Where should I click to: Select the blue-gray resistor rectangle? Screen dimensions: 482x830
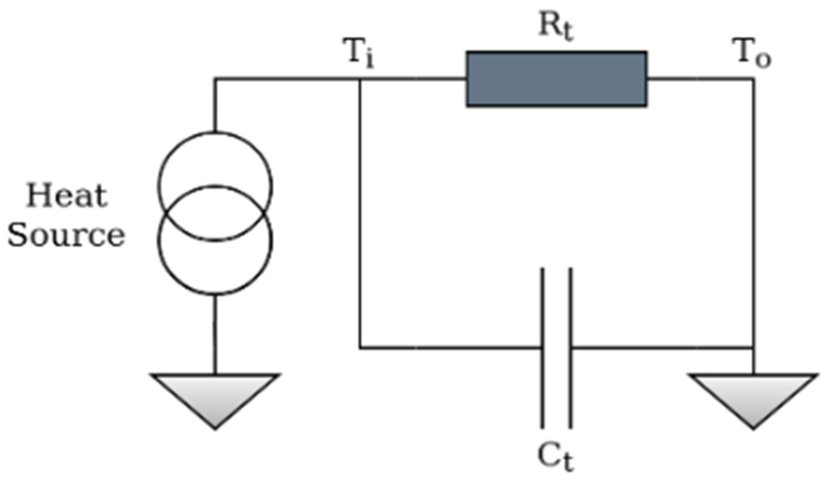click(x=556, y=79)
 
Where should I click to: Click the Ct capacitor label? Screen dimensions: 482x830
click(x=555, y=458)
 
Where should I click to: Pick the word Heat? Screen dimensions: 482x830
click(x=67, y=196)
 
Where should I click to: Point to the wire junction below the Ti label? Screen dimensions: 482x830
click(x=360, y=79)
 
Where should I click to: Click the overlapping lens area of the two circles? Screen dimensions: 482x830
click(x=215, y=212)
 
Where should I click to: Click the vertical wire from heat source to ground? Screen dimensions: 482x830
click(x=215, y=333)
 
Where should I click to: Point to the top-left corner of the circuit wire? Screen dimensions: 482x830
click(x=215, y=79)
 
